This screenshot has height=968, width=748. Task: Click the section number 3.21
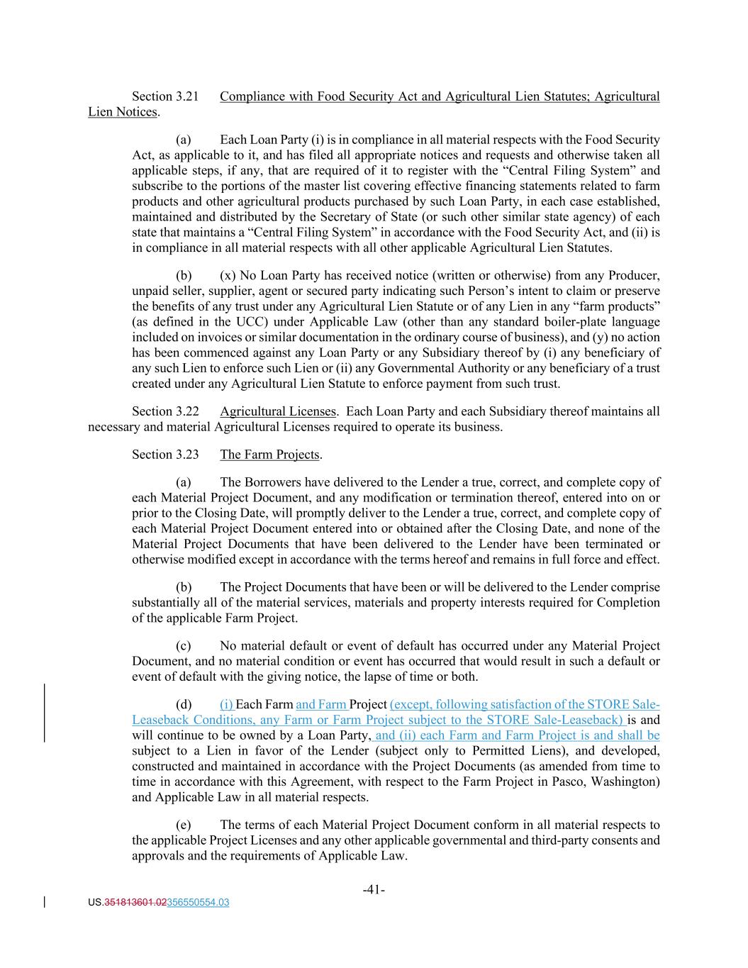pos(186,96)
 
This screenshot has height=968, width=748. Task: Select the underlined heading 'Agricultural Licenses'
pos(278,411)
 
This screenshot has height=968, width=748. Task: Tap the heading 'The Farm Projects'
pos(270,455)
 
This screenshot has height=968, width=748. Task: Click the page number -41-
pos(374,889)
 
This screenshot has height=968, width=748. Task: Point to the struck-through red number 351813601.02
pos(135,903)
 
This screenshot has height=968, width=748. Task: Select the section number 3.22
pos(186,411)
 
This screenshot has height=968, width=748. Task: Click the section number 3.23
pos(186,455)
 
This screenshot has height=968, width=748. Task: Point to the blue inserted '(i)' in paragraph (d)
pos(227,704)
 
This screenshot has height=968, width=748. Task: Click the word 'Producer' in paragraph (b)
pos(636,275)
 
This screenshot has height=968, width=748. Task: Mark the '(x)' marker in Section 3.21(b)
pos(228,275)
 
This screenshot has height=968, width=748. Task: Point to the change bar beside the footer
pos(45,903)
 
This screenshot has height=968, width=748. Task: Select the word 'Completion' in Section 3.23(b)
pos(628,603)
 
